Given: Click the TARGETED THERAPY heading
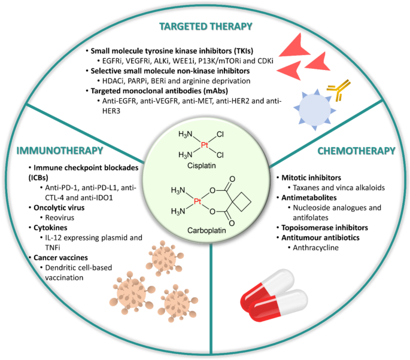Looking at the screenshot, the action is (x=206, y=27).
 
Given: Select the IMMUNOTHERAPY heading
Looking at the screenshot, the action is (x=60, y=151).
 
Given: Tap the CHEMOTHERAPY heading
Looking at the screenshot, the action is (x=356, y=151).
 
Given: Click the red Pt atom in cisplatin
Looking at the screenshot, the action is (x=204, y=145).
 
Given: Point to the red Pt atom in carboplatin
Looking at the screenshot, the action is (x=198, y=202).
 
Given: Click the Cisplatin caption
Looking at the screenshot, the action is (x=201, y=166).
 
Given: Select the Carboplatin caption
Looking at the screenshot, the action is (x=206, y=231).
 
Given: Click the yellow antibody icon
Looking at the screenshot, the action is (x=338, y=90).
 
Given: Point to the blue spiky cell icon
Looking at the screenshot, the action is (x=315, y=109).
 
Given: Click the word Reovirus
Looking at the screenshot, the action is (x=60, y=218).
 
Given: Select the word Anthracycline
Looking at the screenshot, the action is (x=315, y=248).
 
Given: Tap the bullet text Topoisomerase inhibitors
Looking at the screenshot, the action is (x=324, y=228).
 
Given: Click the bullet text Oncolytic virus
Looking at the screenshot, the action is (x=59, y=208).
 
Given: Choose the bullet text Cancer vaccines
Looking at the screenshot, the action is (x=60, y=258).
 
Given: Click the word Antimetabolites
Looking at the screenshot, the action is (x=309, y=198).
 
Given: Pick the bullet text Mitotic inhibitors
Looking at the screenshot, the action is (x=311, y=178).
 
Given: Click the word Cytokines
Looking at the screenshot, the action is (x=50, y=228).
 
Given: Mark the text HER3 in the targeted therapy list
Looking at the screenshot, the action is (x=111, y=111).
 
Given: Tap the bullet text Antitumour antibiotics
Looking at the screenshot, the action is (x=320, y=238).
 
